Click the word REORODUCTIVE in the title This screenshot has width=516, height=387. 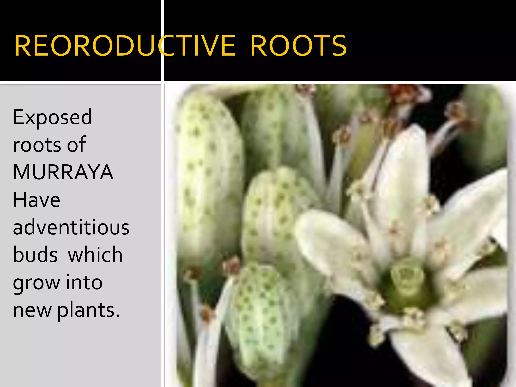pos(125,46)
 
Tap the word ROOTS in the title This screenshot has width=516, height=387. pos(299,46)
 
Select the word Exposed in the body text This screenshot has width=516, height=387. pos(52,117)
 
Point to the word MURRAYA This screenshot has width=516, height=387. pos(63,172)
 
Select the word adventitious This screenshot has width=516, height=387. pos(71,227)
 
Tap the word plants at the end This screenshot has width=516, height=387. pos(88,310)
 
